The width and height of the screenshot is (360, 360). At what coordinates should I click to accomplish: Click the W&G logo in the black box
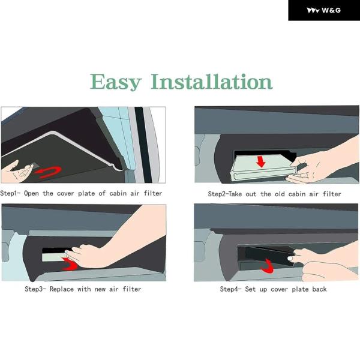click(x=324, y=10)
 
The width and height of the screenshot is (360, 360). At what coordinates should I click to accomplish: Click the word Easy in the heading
click(x=115, y=82)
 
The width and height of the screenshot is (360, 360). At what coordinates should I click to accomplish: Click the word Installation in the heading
click(x=212, y=82)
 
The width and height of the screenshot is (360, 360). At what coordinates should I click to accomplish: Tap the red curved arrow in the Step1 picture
click(x=49, y=172)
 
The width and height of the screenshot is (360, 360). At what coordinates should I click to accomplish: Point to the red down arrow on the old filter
click(x=261, y=161)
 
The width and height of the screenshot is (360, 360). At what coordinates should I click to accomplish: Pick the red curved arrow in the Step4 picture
click(x=268, y=266)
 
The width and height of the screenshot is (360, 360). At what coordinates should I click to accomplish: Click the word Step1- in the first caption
click(x=10, y=193)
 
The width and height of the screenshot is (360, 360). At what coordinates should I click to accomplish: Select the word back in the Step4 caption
click(x=319, y=289)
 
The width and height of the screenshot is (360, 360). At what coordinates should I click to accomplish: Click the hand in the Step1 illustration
click(x=16, y=171)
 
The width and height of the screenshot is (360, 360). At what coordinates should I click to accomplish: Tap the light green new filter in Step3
click(x=54, y=257)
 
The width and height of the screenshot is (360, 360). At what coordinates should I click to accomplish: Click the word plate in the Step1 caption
click(x=86, y=193)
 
